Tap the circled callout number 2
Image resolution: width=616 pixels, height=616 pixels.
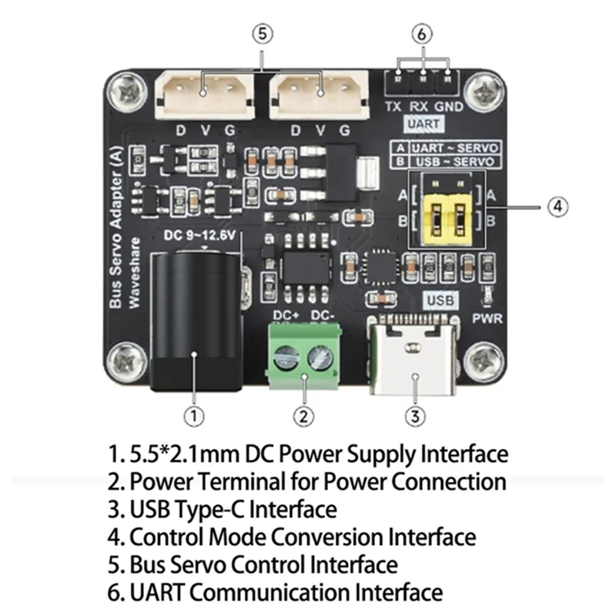point(304,416)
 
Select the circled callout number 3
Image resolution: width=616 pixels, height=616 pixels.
point(415,416)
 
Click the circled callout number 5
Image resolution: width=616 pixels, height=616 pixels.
point(263,35)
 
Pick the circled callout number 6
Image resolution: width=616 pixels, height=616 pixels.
point(422,35)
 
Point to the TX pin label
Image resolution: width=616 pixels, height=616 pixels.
point(393,106)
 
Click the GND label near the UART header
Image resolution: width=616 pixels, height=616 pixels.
point(448,106)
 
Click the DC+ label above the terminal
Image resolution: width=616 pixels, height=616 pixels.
point(286,314)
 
